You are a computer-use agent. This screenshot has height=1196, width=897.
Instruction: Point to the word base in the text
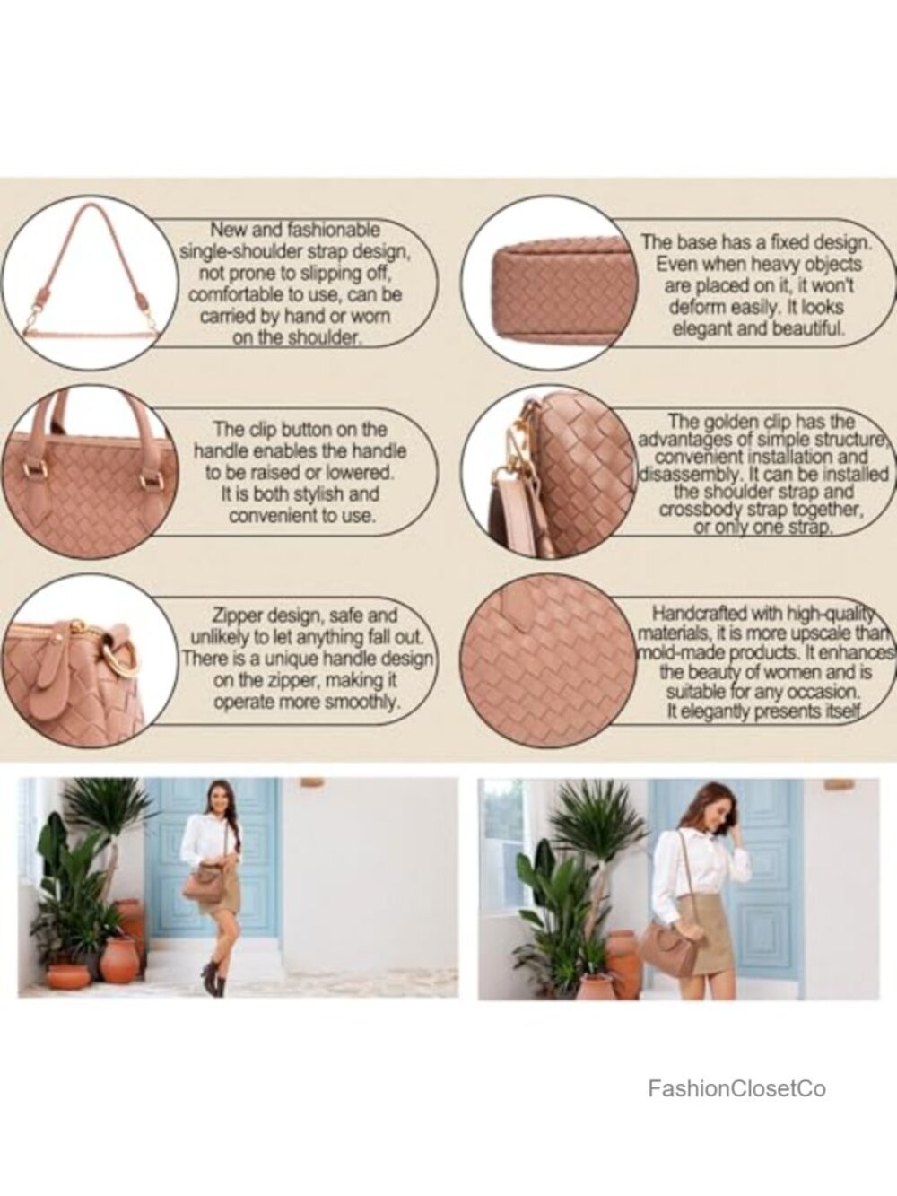pyautogui.click(x=698, y=242)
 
